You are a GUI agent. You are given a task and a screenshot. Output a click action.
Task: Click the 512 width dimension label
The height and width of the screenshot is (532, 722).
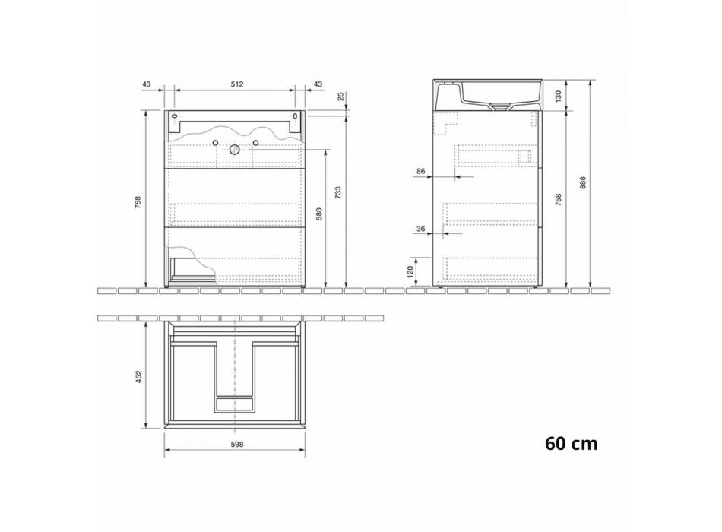[236, 84]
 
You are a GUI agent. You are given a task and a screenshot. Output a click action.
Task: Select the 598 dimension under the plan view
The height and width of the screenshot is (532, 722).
[236, 444]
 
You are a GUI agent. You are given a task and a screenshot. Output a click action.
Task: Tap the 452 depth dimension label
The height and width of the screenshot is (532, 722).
[138, 376]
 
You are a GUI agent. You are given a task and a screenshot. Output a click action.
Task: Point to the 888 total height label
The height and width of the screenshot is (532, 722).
[583, 184]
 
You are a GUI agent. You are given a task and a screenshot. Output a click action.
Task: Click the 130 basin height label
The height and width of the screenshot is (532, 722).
[559, 97]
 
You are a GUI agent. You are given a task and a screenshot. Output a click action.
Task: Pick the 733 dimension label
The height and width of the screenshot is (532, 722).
[338, 192]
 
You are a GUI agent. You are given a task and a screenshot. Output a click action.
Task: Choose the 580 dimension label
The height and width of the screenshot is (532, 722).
[319, 214]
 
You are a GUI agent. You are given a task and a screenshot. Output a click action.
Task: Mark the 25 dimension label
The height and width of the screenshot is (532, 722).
[340, 97]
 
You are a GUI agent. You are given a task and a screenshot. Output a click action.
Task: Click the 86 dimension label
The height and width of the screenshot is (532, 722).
[420, 171]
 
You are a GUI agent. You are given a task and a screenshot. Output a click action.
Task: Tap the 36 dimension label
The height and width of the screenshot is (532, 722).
[420, 229]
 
